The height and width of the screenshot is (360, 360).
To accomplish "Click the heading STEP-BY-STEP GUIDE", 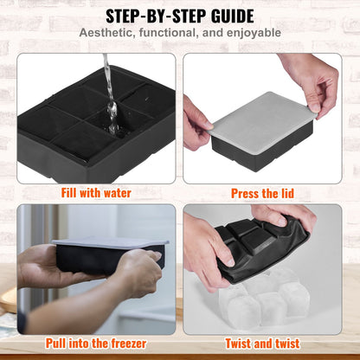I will tap(180, 16).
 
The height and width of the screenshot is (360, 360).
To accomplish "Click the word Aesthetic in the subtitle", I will tap(108, 34).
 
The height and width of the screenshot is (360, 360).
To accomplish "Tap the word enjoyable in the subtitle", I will tap(252, 34).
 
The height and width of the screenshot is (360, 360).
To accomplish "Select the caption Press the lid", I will tap(267, 193).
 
